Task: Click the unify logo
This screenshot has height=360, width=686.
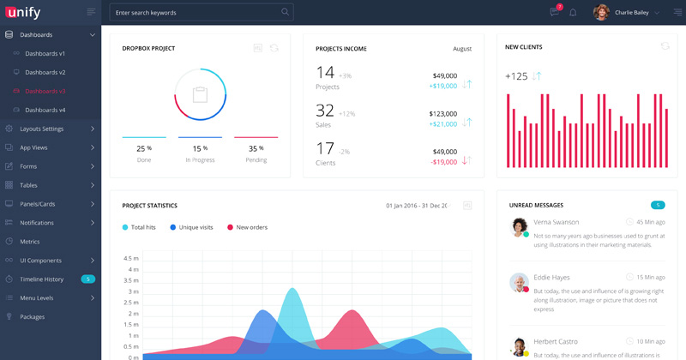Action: (x=25, y=12)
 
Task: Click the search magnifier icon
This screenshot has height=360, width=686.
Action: (x=285, y=12)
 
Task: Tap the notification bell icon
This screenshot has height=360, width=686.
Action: (x=573, y=13)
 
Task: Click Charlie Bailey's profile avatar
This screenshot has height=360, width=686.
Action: (x=601, y=13)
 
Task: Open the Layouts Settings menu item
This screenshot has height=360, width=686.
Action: (x=41, y=129)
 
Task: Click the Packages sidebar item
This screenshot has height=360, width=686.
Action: (x=32, y=316)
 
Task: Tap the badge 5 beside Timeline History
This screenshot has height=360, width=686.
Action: (x=87, y=279)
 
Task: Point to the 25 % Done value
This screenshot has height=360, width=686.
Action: (x=144, y=148)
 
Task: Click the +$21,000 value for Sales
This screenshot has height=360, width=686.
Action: (x=443, y=123)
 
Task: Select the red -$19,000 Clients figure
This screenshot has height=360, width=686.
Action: (x=443, y=161)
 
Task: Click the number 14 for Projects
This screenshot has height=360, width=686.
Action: (x=325, y=72)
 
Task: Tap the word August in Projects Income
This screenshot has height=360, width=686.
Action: (x=462, y=49)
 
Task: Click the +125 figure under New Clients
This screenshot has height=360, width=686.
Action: (x=516, y=76)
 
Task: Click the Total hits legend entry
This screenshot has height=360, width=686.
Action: (x=142, y=227)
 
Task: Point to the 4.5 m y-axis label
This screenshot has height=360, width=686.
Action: (x=131, y=258)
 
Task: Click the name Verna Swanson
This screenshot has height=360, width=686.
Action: (x=556, y=222)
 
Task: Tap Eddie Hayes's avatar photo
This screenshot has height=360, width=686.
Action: (x=519, y=282)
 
